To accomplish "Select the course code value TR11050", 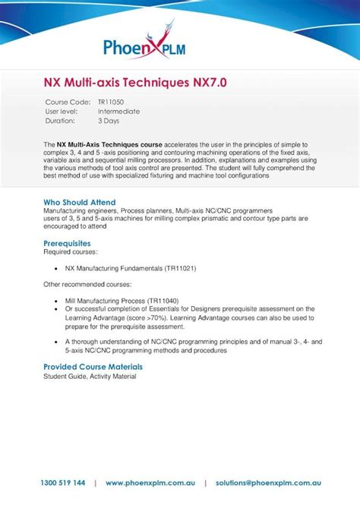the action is point(111,102).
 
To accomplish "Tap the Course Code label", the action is point(68,102).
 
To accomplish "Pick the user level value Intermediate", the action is point(118,111).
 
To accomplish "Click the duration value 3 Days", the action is point(109,121).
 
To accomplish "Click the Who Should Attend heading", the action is point(80,202).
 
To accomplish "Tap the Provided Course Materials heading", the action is point(93,367).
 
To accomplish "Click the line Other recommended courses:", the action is point(87,285).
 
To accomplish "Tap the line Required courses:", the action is point(70,251).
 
